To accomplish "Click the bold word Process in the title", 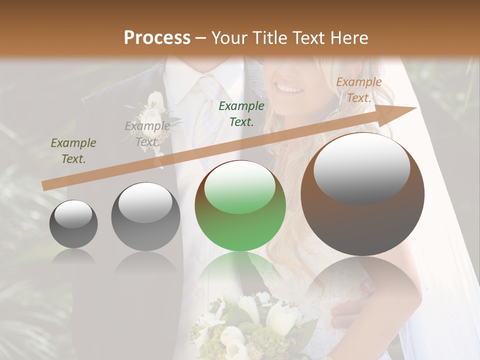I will (157, 38).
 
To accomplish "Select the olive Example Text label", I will (73, 151).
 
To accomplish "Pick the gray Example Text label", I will (147, 133).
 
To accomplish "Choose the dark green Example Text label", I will (241, 113).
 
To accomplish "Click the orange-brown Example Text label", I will (358, 90).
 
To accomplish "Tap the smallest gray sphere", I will (73, 224).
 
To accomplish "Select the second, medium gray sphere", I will (145, 216).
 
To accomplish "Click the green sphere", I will (240, 205).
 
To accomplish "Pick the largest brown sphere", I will (362, 194).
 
